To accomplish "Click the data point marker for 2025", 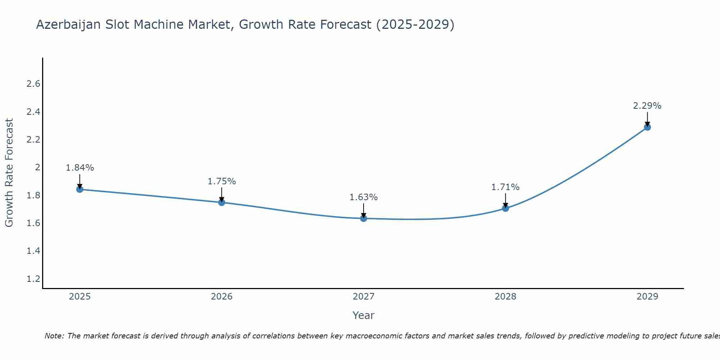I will point(80,189).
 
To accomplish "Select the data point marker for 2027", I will point(364,218).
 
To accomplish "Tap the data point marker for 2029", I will point(647,127).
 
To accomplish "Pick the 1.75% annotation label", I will point(221,181).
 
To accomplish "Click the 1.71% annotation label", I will point(505,187).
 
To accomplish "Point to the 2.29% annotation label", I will point(647,106).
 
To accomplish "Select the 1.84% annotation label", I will point(80,168).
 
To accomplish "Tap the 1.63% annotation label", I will point(364,197).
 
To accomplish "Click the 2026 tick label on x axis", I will point(221,297).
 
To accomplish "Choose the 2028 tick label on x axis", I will point(505,297).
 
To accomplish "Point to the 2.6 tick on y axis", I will point(33,84).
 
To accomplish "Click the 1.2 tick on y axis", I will point(33,279).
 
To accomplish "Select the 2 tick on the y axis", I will point(37,167).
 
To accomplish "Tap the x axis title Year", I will point(364,315).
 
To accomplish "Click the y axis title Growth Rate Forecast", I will point(9,173).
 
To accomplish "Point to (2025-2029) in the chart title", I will point(415,25).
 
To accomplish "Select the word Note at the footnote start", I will point(54,336).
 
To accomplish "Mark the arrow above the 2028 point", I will point(505,200).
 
